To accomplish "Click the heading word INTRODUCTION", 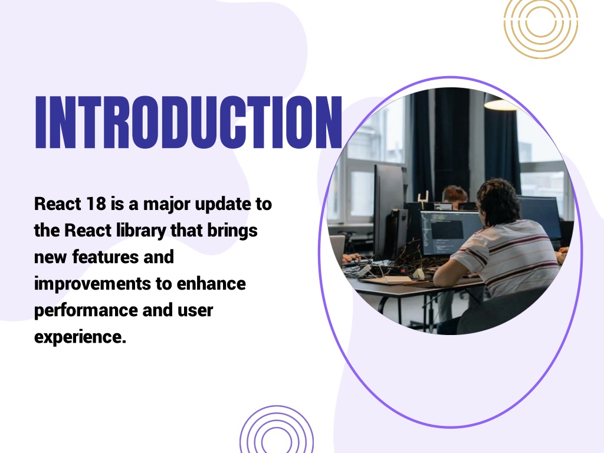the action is [188, 122].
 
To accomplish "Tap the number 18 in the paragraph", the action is [96, 203].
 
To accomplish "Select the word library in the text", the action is [141, 231].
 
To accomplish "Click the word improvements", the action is [93, 284].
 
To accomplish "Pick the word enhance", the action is [211, 284].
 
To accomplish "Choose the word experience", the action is [80, 337].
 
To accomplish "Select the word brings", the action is [232, 231].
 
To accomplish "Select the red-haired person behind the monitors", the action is [455, 195].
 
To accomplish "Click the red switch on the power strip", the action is [403, 271].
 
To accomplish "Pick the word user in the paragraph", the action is [195, 311].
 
